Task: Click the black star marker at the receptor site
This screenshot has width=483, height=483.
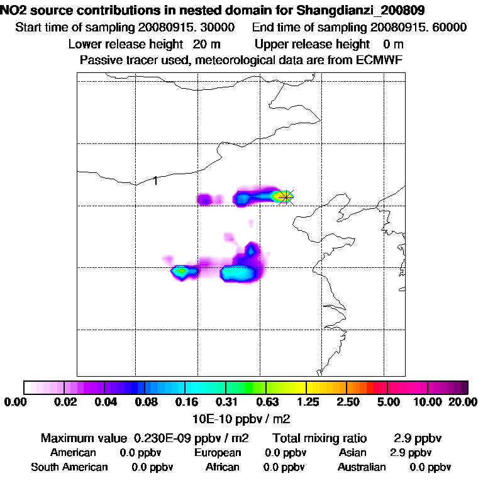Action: point(286,197)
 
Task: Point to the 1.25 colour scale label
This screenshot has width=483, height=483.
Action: point(308,402)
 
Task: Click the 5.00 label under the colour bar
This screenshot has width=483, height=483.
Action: point(388,402)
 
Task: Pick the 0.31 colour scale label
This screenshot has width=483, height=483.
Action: point(227,402)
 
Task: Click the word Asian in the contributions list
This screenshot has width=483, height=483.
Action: point(353,453)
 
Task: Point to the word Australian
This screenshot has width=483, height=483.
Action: point(362,467)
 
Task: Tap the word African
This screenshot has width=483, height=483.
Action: point(223,467)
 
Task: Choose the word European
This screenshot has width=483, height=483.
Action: point(218,453)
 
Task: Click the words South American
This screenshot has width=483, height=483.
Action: point(69,467)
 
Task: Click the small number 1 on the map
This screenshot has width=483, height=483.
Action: point(155,181)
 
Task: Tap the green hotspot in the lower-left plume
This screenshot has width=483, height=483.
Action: point(182,271)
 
